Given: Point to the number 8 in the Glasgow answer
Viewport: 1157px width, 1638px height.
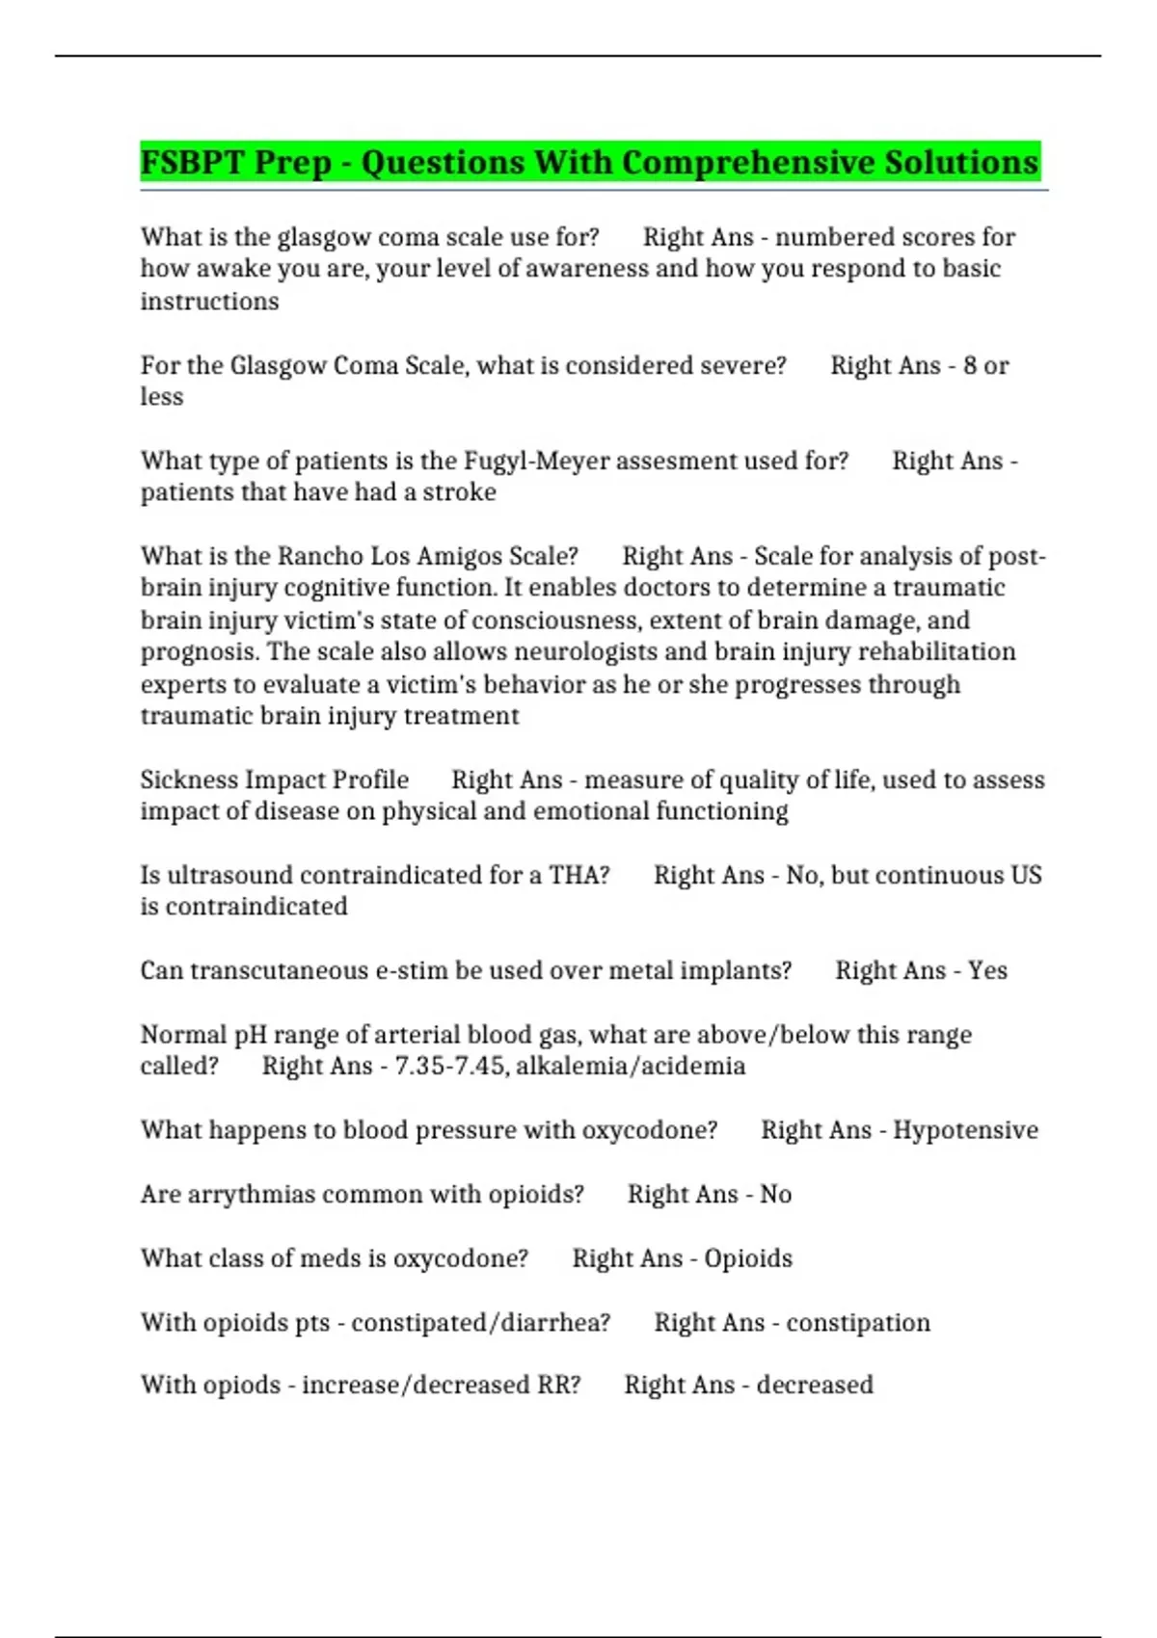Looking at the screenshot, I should [x=969, y=365].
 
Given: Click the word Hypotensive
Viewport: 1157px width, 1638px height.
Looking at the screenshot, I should [x=965, y=1129].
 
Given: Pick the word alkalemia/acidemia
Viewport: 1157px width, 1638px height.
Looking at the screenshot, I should [x=631, y=1066].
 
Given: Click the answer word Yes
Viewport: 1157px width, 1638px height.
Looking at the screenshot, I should [x=987, y=970].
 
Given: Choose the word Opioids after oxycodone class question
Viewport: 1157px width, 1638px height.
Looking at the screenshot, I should [x=748, y=1258].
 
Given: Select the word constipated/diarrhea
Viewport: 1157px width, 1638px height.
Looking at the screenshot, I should [x=480, y=1322].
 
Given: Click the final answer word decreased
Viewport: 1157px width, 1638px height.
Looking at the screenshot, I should [x=815, y=1385].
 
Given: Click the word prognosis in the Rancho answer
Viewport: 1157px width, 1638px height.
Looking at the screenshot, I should [x=199, y=651].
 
